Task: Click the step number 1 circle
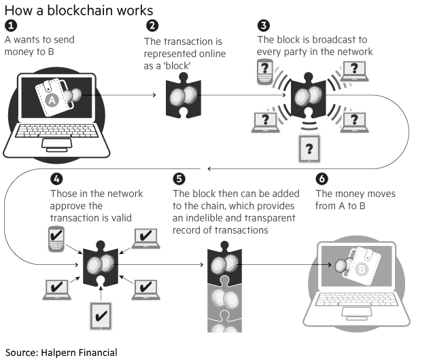tap(11, 26)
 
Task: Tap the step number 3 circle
tap(264, 25)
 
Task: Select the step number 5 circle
tap(179, 179)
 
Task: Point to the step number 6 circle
tap(322, 179)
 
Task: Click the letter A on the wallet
tap(52, 100)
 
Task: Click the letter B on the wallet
tap(362, 269)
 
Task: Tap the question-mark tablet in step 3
tap(309, 149)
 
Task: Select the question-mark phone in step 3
tap(265, 72)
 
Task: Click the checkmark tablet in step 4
tap(101, 316)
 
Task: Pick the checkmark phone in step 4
tap(56, 239)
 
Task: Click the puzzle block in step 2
tap(184, 96)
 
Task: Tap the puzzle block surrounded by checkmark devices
tap(101, 264)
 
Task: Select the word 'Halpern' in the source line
tap(58, 353)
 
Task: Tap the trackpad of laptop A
tap(56, 143)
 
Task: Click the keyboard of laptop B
tap(357, 300)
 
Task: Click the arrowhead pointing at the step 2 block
tap(154, 95)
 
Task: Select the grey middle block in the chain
tap(224, 300)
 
